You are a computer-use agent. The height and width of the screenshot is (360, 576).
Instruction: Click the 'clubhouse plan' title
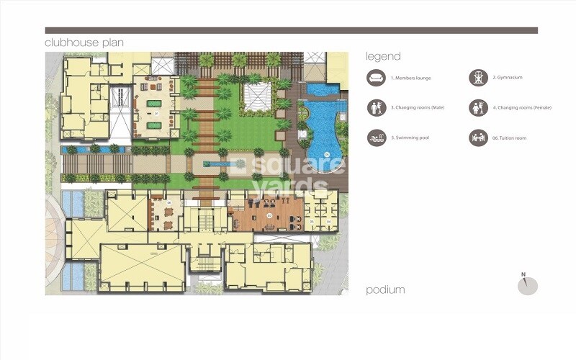coord(84,42)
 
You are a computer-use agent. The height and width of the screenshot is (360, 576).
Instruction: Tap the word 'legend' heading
coord(383,56)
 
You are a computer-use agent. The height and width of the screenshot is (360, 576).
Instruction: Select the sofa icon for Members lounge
coord(375,78)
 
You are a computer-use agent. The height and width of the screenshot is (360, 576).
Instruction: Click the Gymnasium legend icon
coord(477,78)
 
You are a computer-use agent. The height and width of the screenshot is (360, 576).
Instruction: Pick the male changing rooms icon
coord(375,107)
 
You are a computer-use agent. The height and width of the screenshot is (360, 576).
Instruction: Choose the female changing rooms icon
coord(477,107)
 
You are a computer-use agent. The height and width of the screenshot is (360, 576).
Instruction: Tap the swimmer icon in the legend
coord(375,137)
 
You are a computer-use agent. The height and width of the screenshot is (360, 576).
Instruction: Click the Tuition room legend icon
coord(477,137)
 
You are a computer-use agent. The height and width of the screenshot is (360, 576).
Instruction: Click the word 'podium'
coord(385,289)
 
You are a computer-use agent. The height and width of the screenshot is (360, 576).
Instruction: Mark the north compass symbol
coord(528,284)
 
